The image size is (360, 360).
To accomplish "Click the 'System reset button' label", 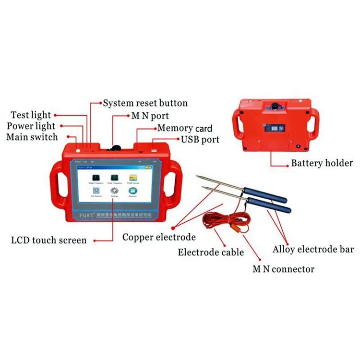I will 145,103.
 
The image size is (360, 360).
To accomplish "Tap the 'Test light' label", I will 31,115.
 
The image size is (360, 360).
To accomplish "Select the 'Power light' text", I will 31,126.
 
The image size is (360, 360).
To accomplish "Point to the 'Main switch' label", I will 32,137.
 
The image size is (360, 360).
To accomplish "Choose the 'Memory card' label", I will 185,128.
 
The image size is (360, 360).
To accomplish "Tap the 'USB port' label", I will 200,140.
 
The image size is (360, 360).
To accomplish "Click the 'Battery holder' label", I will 322,163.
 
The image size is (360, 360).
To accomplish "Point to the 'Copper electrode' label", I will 159,237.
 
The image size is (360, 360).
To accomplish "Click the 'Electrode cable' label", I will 211,252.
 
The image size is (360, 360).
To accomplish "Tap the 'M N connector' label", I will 283,269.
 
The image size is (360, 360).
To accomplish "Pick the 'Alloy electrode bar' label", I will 313,250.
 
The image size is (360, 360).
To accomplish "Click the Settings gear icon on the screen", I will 114,190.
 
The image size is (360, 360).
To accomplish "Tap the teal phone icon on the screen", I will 132,190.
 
